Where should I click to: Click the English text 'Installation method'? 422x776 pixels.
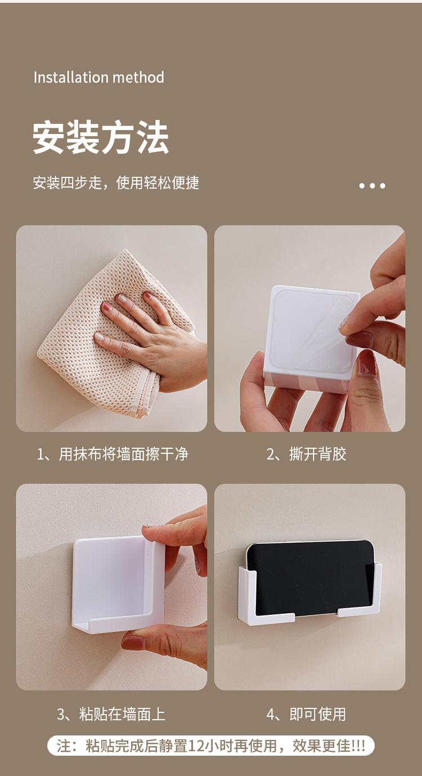[x=99, y=77]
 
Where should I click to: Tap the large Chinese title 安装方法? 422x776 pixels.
[x=101, y=137]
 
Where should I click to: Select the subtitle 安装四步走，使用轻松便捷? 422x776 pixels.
[x=116, y=182]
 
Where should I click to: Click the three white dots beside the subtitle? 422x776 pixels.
[x=372, y=186]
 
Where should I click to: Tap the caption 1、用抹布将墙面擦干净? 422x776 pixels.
[x=113, y=454]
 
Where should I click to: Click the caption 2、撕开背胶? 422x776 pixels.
[x=307, y=454]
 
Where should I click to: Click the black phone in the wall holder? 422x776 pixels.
[x=310, y=578]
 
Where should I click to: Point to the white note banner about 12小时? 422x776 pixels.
[x=211, y=746]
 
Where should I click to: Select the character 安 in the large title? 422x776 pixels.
[x=49, y=137]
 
